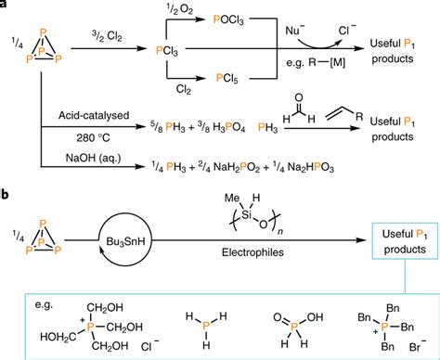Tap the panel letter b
[x=6, y=193]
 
